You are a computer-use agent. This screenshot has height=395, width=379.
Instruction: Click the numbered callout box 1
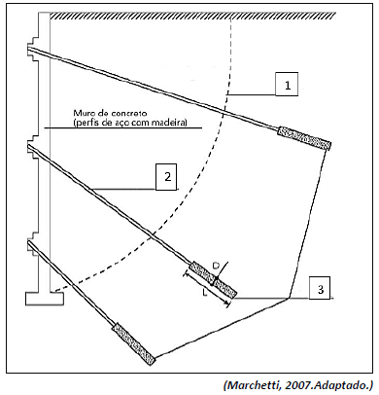tap(287, 85)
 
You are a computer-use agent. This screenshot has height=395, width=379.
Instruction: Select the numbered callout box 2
tap(166, 177)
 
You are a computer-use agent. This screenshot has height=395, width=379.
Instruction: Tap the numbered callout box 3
tap(320, 288)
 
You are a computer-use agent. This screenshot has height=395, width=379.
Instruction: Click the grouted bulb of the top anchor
tap(304, 139)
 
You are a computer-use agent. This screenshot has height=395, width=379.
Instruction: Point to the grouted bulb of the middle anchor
tap(213, 279)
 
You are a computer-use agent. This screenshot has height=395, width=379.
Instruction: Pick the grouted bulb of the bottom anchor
tap(134, 344)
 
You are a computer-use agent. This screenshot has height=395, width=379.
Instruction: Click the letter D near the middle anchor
tap(216, 266)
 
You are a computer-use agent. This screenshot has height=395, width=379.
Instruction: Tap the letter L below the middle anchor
tap(204, 293)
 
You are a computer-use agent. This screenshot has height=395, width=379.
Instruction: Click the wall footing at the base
tap(45, 299)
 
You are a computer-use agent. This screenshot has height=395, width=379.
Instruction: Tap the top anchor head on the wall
tap(33, 50)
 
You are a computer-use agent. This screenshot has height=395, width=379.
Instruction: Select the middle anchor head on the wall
tap(33, 147)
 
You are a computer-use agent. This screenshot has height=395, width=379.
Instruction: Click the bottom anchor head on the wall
tap(33, 244)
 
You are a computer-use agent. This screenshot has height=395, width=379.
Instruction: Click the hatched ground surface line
tap(192, 15)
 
